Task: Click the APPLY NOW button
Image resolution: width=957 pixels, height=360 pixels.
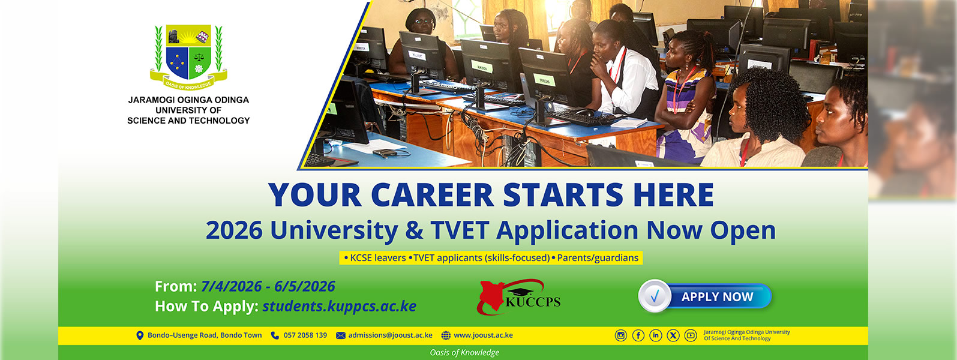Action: pos(705,296)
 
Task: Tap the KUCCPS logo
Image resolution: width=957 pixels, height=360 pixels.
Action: pos(518,297)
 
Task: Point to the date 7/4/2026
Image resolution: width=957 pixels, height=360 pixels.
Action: pos(231,286)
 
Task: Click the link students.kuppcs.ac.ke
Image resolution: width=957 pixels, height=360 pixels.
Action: pos(339,306)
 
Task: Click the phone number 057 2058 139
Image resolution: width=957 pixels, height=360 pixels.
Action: pos(305,335)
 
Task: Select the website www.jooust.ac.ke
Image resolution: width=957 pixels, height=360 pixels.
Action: pos(483,335)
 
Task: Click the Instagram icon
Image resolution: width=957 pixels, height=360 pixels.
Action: pos(621,335)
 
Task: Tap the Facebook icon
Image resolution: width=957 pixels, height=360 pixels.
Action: pos(638,335)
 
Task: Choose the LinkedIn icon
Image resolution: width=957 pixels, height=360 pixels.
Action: pos(656,335)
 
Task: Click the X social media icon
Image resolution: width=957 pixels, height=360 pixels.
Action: pos(673,335)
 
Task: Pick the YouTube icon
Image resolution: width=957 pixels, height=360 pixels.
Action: pos(691,335)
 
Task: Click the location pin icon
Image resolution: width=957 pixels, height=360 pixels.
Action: pos(140,335)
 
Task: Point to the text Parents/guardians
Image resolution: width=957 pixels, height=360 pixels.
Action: pos(598,258)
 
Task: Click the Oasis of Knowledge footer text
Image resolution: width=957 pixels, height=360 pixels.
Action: pos(464,353)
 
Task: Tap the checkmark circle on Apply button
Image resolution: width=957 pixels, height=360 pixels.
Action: pos(655,296)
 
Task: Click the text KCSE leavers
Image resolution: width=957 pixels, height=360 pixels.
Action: pos(378,258)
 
